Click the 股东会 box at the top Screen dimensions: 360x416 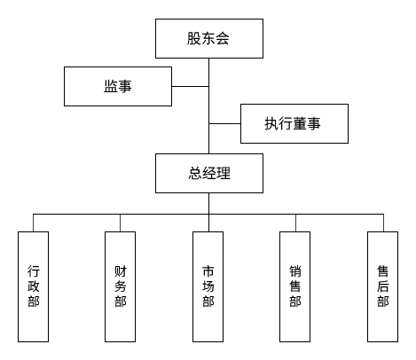click(x=208, y=38)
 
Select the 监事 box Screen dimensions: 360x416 click(x=118, y=86)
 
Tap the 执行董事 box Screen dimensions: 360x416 click(x=294, y=124)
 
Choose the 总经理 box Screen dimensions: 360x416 click(x=208, y=173)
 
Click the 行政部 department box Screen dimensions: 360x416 click(x=33, y=286)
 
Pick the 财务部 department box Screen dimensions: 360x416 click(x=120, y=286)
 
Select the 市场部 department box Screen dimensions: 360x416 click(x=208, y=286)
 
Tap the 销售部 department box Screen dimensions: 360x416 click(x=295, y=286)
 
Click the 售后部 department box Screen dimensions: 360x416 click(x=383, y=286)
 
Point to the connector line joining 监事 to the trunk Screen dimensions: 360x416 click(x=190, y=86)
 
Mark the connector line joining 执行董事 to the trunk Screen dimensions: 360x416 click(x=224, y=124)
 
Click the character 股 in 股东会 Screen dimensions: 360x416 click(x=193, y=38)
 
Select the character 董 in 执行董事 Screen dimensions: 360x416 click(x=301, y=124)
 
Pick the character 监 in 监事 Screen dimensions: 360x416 click(x=110, y=86)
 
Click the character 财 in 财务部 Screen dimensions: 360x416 click(x=120, y=270)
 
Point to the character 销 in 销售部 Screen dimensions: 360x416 click(x=295, y=270)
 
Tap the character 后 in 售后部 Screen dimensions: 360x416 click(x=383, y=286)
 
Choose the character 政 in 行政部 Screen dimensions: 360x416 click(x=33, y=286)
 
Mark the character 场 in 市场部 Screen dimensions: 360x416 click(x=208, y=286)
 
